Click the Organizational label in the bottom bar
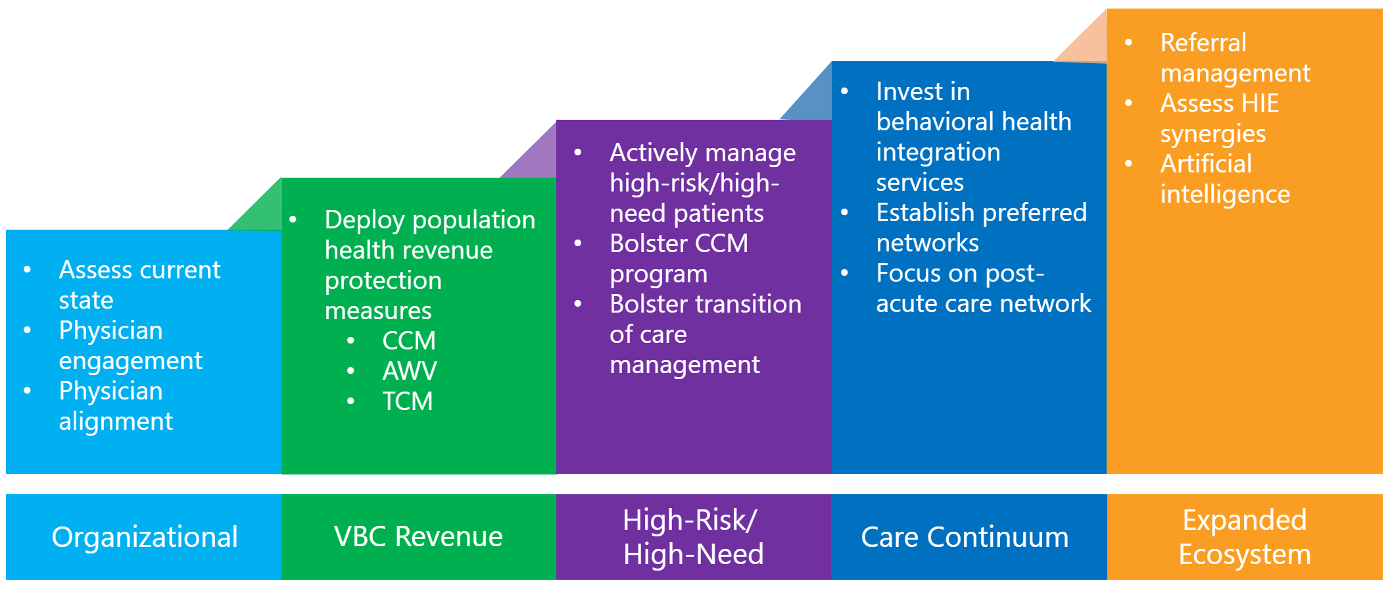(144, 537)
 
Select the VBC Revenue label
(418, 537)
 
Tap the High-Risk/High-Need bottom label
(693, 537)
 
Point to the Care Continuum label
(965, 538)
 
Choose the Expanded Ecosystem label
(1244, 537)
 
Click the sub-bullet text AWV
(409, 371)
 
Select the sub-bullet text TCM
(408, 401)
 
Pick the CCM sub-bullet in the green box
(409, 341)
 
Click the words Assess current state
(139, 284)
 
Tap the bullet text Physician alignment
(116, 406)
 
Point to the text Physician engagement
(130, 346)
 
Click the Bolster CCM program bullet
(678, 259)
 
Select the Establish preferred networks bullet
(980, 228)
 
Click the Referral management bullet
(1234, 58)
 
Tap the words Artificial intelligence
(1224, 179)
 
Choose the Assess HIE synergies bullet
(1218, 118)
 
